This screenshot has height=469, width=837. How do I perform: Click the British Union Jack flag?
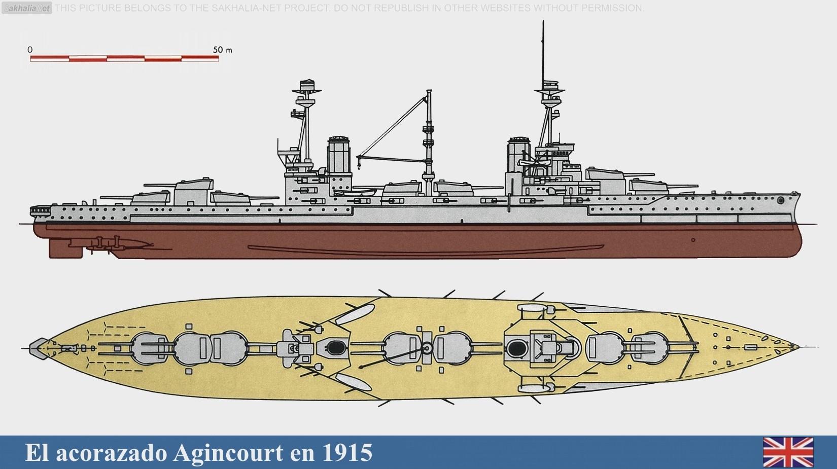point(788,452)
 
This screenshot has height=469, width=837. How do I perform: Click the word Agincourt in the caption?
point(228,452)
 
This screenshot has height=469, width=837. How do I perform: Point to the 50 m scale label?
point(222,50)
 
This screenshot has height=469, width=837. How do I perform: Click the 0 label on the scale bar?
point(30,50)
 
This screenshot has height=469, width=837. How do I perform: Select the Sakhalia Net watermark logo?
point(27,8)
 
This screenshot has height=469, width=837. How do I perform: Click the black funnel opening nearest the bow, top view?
point(516,347)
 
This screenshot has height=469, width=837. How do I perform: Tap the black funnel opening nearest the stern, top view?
point(334,347)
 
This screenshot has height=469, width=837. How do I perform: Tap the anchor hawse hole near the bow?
point(781,201)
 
